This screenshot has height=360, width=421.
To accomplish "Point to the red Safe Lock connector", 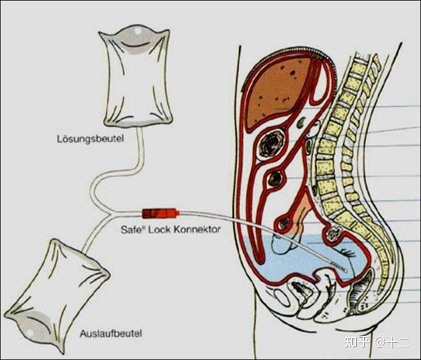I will click(x=161, y=214).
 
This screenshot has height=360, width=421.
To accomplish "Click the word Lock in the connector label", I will click(x=164, y=228).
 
